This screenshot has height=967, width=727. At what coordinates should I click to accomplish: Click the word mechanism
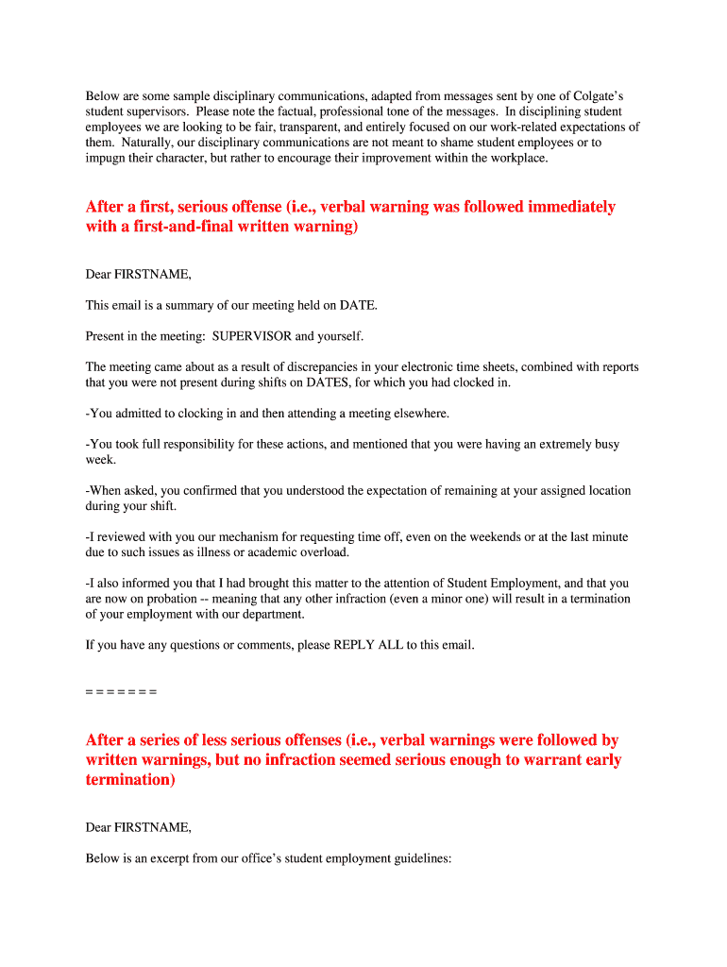(x=247, y=536)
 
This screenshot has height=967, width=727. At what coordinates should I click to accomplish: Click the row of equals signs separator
(x=121, y=691)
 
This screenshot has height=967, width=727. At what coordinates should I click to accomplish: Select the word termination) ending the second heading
(x=130, y=781)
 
